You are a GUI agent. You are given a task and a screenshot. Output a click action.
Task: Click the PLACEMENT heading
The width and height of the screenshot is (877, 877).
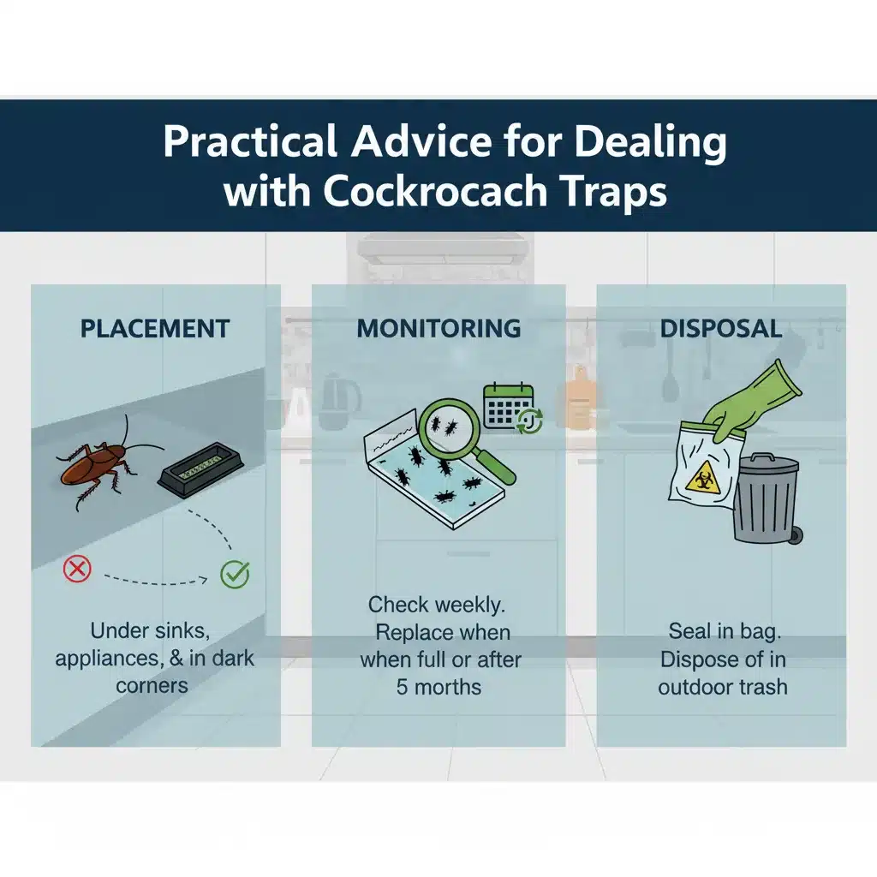(155, 328)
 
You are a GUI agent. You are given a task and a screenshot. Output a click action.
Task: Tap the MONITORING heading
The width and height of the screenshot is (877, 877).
(438, 328)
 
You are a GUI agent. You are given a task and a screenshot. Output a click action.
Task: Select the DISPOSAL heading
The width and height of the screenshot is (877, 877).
(721, 328)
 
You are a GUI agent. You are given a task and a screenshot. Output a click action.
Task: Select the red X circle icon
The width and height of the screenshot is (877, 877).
(77, 568)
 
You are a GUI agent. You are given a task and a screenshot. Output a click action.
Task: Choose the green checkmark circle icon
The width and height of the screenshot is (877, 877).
(235, 574)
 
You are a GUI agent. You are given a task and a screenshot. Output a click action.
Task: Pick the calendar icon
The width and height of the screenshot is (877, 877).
(509, 405)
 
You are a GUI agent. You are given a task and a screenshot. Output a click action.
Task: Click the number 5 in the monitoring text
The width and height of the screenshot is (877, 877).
(403, 687)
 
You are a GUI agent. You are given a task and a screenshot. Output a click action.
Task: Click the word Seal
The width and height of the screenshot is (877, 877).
(689, 632)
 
